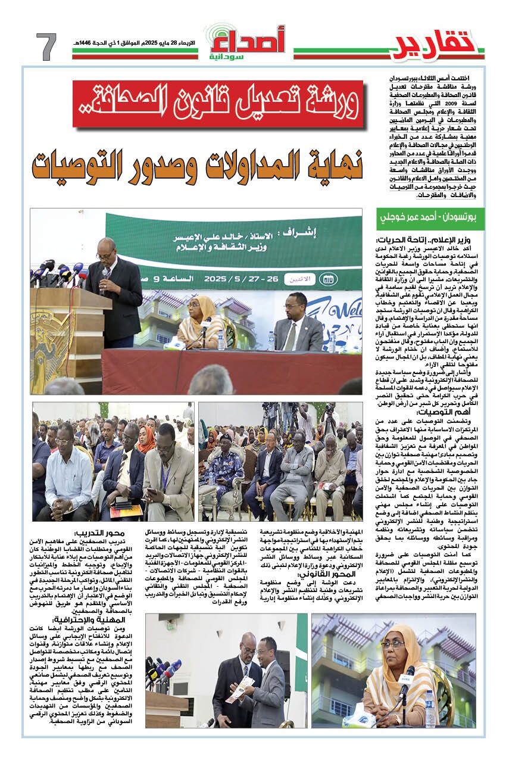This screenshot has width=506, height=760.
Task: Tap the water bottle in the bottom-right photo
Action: pyautogui.click(x=430, y=714)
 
